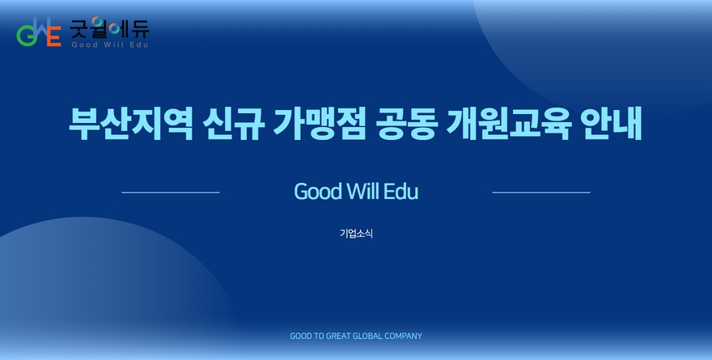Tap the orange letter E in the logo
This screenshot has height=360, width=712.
54,36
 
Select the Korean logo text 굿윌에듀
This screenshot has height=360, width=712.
109,28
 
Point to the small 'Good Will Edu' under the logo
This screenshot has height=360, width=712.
109,44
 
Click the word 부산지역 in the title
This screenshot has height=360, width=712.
131,123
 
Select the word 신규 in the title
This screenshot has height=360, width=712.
233,123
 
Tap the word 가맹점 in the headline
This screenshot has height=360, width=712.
320,123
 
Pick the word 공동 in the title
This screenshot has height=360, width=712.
406,123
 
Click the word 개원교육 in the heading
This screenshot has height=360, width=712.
509,123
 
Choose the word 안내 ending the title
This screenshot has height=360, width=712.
611,123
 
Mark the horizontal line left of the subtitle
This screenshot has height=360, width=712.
171,193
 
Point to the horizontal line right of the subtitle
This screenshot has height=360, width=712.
541,193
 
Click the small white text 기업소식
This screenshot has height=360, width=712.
357,233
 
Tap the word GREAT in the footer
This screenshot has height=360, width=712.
338,336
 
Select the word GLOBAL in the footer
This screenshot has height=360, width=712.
367,336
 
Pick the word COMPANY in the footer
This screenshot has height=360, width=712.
403,336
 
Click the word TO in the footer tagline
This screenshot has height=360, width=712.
320,336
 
